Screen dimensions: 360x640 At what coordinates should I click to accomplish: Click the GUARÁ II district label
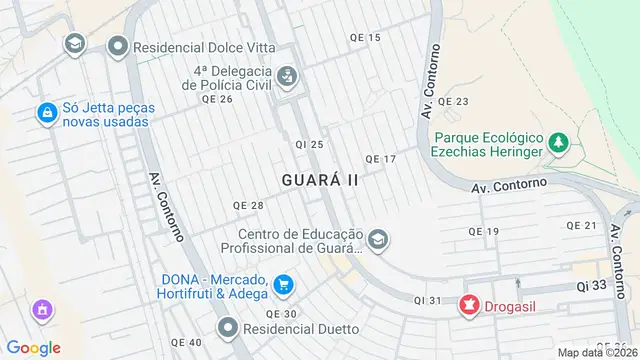(x=320, y=180)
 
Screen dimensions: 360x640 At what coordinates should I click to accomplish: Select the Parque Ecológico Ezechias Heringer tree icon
(x=558, y=144)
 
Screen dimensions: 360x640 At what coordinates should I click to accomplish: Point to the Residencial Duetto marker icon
(x=229, y=327)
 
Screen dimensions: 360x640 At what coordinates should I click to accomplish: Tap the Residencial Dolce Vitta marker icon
(x=119, y=46)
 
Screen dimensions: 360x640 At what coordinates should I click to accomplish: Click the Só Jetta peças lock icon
(x=46, y=114)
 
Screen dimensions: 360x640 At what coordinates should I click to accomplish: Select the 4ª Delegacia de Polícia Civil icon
(x=286, y=76)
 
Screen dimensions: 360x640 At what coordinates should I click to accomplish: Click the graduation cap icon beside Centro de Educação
(x=378, y=240)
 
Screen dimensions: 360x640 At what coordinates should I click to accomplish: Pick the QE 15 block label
(x=365, y=38)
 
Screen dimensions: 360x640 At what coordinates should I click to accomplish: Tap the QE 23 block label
(x=453, y=102)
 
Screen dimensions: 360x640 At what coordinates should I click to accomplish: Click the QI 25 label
(x=309, y=145)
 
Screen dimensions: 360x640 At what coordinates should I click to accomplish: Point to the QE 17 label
(x=381, y=159)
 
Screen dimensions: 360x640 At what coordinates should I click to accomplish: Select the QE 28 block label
(x=247, y=205)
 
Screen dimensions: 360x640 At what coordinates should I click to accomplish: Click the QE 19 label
(x=483, y=232)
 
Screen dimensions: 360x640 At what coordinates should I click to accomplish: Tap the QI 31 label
(x=427, y=301)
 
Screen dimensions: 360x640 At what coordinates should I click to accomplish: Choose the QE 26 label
(x=217, y=99)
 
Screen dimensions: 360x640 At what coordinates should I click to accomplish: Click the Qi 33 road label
(x=591, y=286)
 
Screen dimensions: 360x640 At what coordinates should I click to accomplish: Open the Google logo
(x=34, y=347)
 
